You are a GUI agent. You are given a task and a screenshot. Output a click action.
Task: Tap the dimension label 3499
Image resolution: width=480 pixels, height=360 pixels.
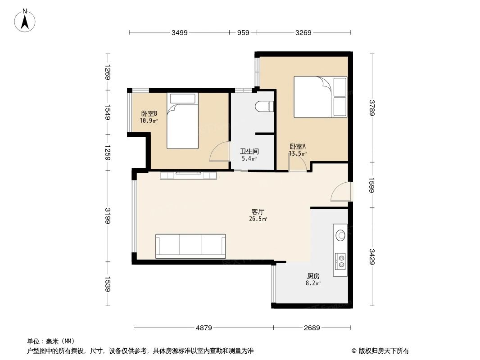click(x=179, y=32)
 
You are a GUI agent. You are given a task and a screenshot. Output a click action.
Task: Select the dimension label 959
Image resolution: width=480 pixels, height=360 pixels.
click(x=243, y=32)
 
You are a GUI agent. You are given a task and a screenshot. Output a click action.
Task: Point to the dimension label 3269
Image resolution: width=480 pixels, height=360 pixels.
click(x=303, y=32)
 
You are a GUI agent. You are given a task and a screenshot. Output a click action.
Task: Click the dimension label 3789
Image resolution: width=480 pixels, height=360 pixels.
click(x=372, y=108)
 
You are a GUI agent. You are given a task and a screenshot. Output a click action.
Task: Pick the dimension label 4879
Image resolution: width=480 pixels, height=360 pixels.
click(x=204, y=328)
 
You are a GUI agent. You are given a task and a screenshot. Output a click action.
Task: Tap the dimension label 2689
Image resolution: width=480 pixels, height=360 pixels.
click(x=312, y=328)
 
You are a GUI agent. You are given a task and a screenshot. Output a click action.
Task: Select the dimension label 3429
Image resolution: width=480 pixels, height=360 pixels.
click(x=372, y=256)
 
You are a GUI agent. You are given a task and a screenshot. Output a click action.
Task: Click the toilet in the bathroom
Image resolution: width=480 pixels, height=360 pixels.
click(x=264, y=106)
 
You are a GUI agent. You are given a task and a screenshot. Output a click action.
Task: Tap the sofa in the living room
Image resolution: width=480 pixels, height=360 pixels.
click(x=190, y=246)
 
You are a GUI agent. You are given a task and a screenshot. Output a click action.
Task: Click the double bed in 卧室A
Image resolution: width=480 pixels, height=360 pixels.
click(x=321, y=97)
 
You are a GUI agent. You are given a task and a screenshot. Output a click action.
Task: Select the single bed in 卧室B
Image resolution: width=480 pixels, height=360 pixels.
click(x=182, y=120)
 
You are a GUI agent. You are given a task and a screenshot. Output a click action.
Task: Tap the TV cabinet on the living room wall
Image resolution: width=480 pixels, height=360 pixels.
click(x=189, y=175)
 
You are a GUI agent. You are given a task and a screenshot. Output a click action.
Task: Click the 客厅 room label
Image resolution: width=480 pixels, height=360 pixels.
click(x=258, y=211)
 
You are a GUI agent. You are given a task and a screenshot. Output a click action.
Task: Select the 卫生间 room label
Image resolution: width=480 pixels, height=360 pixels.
click(x=249, y=152)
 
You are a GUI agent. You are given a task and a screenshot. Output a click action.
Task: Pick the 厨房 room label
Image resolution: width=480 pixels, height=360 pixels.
click(x=313, y=276)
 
